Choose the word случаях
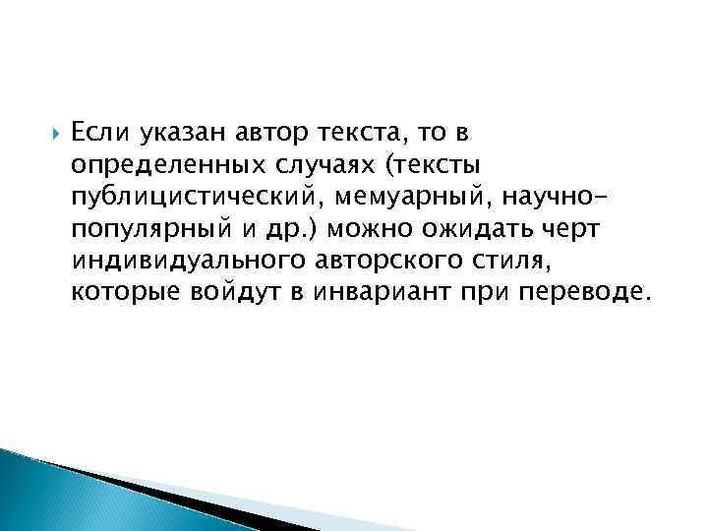(312, 158)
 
